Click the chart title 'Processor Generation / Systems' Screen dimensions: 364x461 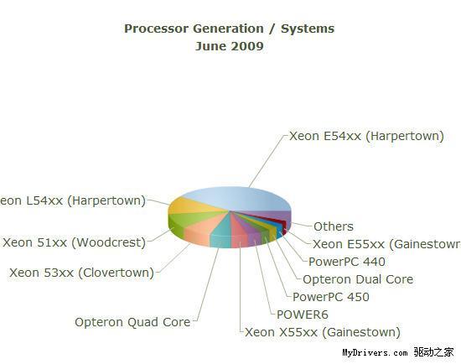tap(229, 29)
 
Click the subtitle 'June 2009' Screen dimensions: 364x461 tap(229, 46)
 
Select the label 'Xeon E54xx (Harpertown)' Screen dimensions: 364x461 tap(366, 135)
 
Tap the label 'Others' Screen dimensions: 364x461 tap(334, 226)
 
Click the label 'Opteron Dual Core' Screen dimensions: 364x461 tap(358, 278)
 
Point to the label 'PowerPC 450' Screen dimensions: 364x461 tap(331, 296)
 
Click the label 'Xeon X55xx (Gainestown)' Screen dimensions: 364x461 tap(323, 332)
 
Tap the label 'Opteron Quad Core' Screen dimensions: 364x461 tap(132, 321)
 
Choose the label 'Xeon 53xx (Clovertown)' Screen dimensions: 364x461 tap(81, 272)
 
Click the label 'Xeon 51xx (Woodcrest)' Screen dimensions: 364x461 tap(74, 242)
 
